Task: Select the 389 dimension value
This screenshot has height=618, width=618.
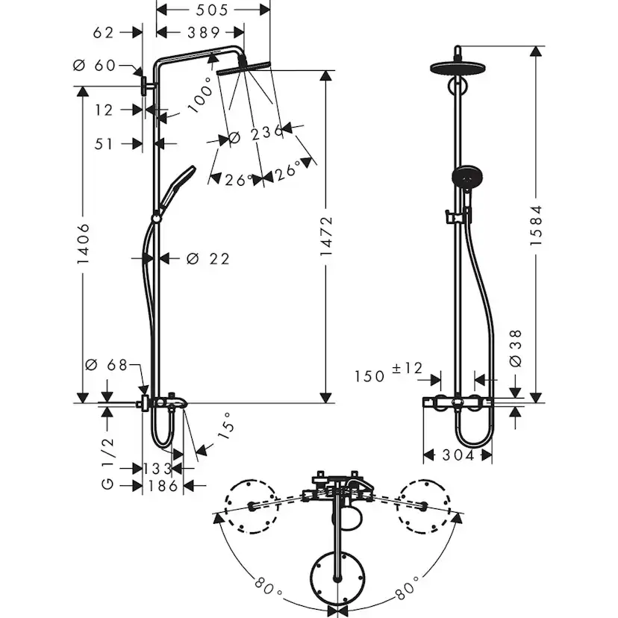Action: click(203, 32)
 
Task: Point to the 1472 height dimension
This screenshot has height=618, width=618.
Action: click(326, 237)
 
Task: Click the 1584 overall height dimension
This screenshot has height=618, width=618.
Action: click(537, 224)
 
